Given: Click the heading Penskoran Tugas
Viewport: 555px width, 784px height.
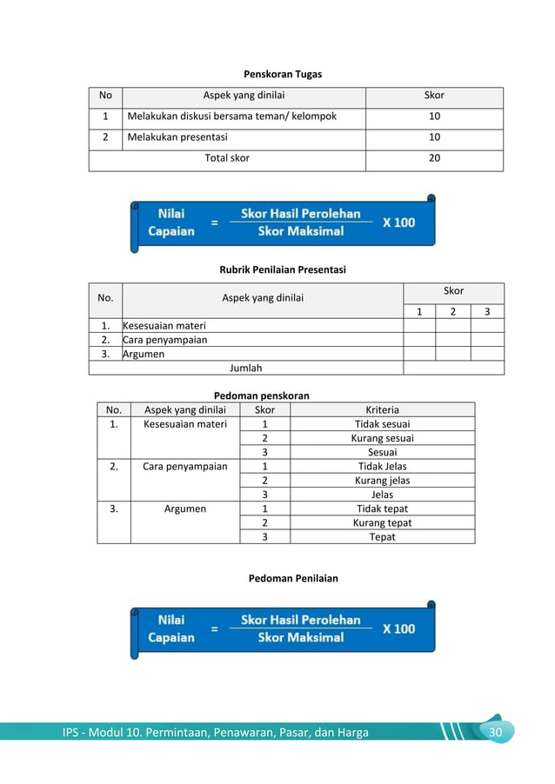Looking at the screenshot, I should coord(282,75).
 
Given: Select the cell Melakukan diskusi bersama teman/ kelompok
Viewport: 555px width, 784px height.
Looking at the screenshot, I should coord(231,116).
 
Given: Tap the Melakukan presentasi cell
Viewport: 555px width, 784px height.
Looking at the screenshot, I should coord(177,137).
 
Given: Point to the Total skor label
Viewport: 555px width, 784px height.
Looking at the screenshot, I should coord(227,158).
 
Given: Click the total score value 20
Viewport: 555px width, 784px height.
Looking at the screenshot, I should coord(434,158).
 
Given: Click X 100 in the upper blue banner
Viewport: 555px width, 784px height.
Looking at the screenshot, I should coord(398,223).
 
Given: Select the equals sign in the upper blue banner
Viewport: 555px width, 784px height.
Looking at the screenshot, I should coord(214,223).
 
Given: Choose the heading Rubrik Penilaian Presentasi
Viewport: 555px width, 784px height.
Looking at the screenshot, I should coord(282,270).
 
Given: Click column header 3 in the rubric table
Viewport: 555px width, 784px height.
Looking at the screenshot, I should coord(486,312).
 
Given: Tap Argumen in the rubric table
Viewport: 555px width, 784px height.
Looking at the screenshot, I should coord(144,355).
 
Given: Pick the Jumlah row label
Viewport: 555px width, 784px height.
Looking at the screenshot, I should coord(245,368).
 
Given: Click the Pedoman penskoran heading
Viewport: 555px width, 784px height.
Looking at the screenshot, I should coord(261,395).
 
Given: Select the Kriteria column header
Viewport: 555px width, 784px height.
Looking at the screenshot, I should coord(382,410).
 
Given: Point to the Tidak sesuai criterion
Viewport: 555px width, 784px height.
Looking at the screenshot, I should coord(382,424).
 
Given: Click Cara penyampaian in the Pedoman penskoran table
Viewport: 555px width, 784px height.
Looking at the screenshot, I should coord(184,467).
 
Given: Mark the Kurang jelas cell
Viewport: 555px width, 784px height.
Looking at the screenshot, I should coord(382,481).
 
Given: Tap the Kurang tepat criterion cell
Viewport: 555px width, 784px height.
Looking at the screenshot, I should coord(382,523).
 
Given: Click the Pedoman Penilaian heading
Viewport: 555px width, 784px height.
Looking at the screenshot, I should coord(293,578).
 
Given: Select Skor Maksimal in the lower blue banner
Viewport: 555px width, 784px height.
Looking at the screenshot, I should coord(301,638).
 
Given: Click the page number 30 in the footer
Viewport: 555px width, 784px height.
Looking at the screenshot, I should coord(496,733).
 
